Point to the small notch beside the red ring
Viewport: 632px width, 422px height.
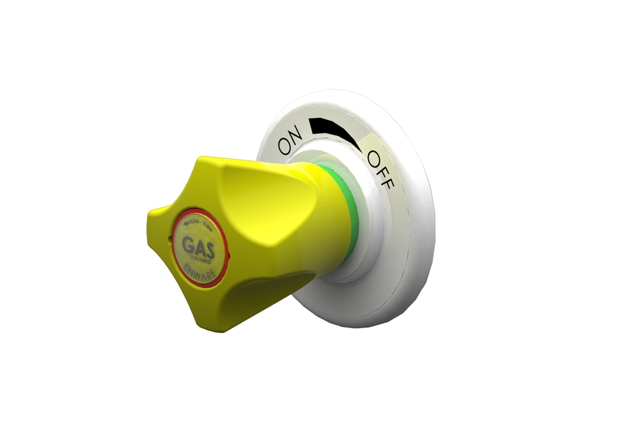167,240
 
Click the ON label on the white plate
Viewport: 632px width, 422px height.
290,140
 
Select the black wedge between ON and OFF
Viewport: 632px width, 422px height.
333,131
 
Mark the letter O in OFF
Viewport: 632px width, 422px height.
373,158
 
